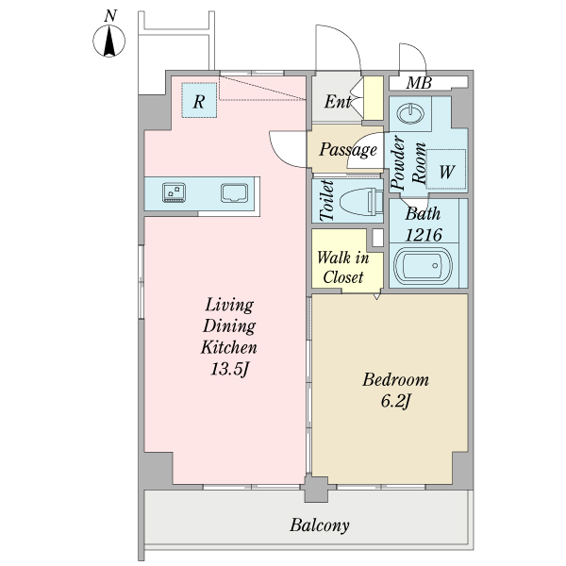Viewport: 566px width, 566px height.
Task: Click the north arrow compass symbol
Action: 109,41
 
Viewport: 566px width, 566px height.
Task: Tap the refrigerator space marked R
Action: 199,100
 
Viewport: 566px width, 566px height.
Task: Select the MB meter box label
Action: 419,83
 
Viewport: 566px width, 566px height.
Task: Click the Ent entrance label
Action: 338,102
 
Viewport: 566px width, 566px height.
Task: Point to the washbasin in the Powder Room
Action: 410,113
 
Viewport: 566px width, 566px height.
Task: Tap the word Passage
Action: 348,149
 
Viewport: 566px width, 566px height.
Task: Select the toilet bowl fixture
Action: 361,202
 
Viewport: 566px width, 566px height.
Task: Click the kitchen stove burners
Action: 174,192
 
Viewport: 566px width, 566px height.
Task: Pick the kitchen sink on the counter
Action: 235,192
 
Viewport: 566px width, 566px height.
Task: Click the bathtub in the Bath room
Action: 423,266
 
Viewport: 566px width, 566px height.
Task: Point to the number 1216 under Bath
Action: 423,235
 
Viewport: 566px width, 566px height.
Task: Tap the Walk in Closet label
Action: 343,268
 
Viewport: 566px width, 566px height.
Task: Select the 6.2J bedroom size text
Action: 395,401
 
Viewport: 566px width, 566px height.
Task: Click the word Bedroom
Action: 395,380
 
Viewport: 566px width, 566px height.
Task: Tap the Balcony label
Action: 320,524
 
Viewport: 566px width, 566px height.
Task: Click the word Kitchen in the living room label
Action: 229,347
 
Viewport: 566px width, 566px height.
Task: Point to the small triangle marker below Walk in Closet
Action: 376,296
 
